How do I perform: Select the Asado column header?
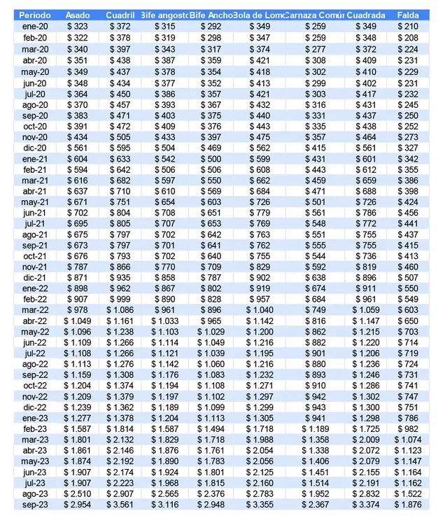[77, 15]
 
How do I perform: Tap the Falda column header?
[408, 15]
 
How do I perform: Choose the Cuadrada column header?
[366, 15]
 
